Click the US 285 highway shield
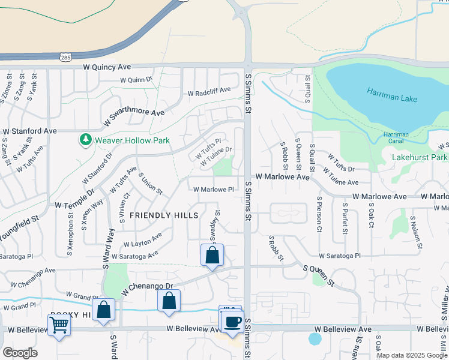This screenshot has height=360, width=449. coord(65,57)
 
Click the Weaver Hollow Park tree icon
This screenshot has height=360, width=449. coord(85,140)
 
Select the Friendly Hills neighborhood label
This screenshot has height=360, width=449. coord(164,215)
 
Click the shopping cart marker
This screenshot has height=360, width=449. coord(59,325)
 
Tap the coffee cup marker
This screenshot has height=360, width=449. coord(232,321)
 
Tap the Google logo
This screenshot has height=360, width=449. coord(19,353)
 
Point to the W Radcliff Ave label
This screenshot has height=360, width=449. coord(209,92)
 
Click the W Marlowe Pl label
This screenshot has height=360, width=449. coord(213,190)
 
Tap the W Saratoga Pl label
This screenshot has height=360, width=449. coord(340,255)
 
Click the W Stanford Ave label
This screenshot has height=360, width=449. coord(29,130)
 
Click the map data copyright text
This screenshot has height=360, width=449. coord(411,355)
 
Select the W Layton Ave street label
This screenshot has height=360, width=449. coord(142,241)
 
